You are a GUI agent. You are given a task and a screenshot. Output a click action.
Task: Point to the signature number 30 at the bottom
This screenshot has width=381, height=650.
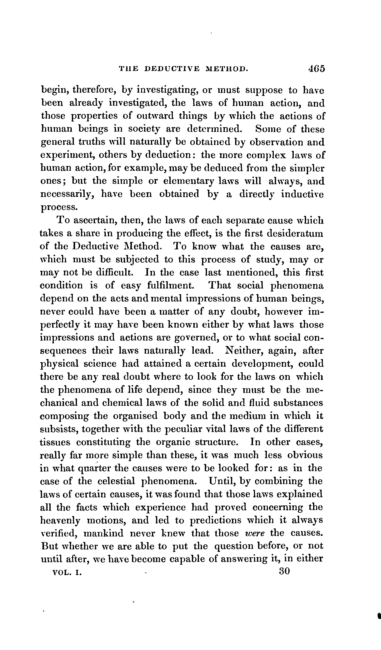point(284,571)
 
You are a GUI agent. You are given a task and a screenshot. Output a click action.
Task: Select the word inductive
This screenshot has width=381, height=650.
point(302,194)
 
